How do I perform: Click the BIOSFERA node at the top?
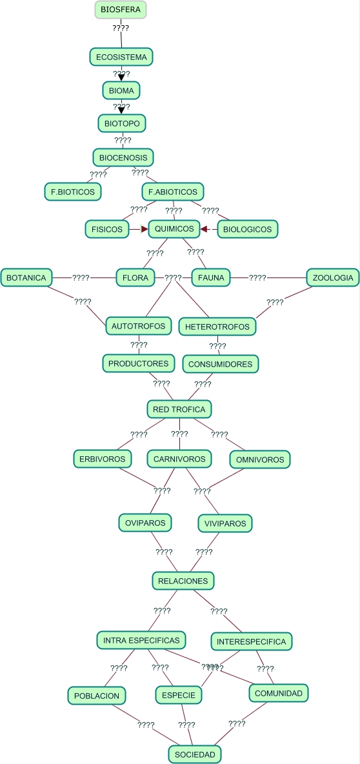tap(121, 10)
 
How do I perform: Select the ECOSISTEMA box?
tap(121, 57)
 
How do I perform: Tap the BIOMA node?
tap(121, 90)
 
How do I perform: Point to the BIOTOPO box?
tap(122, 123)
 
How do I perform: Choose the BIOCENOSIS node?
tap(123, 157)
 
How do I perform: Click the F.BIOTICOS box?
tap(72, 192)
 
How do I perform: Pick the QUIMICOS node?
tap(174, 228)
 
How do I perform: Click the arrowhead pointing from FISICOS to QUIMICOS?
tap(145, 228)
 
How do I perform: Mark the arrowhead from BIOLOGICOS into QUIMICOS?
tap(203, 228)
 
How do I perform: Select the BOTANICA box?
tap(26, 277)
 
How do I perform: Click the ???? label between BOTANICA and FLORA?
tap(81, 277)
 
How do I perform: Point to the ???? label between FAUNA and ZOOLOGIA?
tap(257, 277)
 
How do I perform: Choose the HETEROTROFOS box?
tap(217, 327)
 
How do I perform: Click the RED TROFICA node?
tap(179, 409)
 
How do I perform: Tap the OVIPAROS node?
tap(145, 523)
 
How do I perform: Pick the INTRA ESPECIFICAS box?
tap(142, 640)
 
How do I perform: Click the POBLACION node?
tap(97, 696)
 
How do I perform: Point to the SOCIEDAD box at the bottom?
tap(195, 754)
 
